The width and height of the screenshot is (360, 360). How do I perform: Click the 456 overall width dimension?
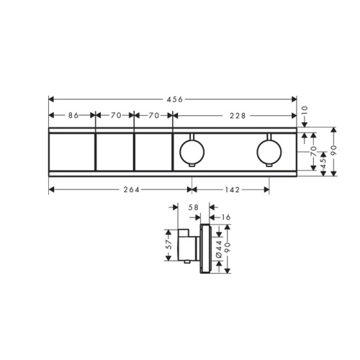[x=175, y=99]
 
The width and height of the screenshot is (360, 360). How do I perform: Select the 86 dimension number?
[x=73, y=116]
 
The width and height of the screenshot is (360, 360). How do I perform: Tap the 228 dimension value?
[x=238, y=116]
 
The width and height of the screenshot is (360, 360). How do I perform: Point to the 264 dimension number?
[x=131, y=190]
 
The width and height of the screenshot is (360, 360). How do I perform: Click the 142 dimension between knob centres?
[x=233, y=190]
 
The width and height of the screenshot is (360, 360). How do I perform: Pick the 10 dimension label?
[x=305, y=111]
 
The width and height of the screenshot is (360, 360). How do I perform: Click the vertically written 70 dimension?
[x=314, y=151]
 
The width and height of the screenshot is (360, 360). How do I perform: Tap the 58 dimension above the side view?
[x=194, y=207]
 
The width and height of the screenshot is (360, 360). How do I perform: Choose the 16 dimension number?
[x=225, y=217]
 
